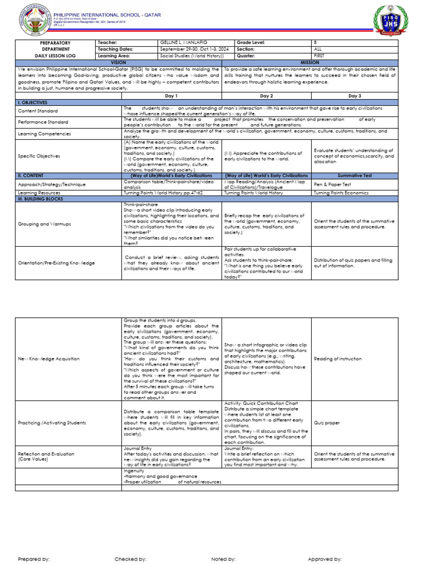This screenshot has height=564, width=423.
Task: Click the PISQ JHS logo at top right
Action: pyautogui.click(x=392, y=21)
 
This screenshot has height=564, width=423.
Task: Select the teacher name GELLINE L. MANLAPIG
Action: pyautogui.click(x=185, y=42)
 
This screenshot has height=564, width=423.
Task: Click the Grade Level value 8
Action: pyautogui.click(x=314, y=42)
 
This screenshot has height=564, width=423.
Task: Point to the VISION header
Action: pyautogui.click(x=118, y=62)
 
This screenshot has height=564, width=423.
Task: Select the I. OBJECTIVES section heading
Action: pyautogui.click(x=33, y=102)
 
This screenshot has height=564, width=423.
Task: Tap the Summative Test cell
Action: pyautogui.click(x=353, y=175)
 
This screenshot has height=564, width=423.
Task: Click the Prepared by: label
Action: pyautogui.click(x=34, y=558)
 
